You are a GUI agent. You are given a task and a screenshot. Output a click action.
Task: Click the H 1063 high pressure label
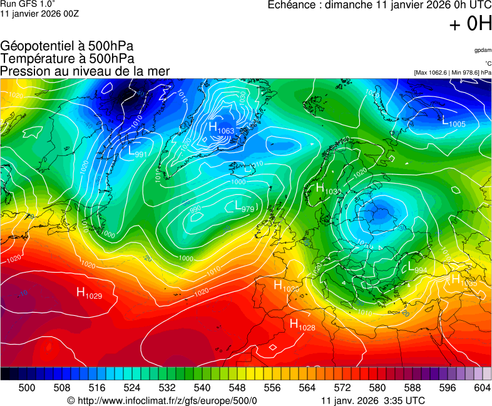221,128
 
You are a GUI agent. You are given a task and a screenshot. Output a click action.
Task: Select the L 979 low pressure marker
243,206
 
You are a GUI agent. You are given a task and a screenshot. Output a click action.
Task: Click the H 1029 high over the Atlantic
89,293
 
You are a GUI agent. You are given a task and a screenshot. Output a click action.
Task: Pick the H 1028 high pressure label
302,325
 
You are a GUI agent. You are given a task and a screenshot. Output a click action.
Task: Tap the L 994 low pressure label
417,268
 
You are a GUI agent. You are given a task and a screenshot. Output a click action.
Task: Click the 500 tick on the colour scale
27,388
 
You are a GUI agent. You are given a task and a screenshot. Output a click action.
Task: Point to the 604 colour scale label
483,388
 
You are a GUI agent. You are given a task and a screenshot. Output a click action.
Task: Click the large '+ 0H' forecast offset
470,24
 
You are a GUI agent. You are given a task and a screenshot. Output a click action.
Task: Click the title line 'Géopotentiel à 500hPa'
67,46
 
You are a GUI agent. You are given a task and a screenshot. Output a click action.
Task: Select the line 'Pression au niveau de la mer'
85,71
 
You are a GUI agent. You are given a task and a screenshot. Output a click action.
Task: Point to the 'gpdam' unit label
483,49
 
